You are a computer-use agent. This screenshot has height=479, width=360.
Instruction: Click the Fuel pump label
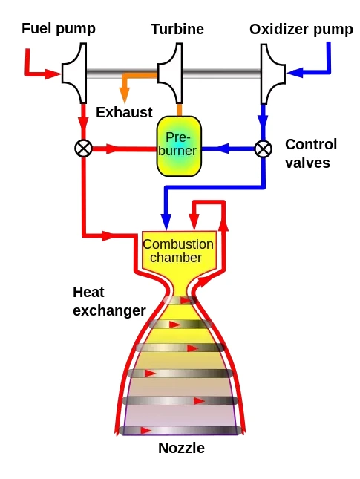coord(59,29)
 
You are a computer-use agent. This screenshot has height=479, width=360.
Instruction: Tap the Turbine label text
coord(177,29)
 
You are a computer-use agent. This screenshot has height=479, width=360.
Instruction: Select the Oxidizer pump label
coord(301,30)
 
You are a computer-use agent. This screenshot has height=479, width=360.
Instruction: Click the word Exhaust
coord(124,112)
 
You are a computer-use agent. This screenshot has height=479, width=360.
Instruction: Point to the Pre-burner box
coord(179,146)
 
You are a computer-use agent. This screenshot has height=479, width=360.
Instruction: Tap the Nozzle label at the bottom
coord(181,448)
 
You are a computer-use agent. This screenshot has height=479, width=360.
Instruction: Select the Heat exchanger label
coord(109,302)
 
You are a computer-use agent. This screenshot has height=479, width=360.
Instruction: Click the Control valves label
coord(311,153)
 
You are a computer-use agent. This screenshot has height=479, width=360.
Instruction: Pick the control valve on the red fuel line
coord(83,149)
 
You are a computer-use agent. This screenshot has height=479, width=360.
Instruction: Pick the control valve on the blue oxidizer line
coord(264,149)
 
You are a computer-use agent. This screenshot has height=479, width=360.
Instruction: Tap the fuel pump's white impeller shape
coord(74,74)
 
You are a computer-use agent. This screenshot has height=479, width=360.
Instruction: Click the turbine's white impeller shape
coord(170,74)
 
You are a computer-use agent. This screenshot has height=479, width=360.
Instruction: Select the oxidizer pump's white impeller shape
coord(272,74)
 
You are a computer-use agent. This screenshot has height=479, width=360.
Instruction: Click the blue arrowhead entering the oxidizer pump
coord(295,73)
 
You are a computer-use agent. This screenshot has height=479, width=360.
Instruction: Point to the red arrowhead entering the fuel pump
coord(53,74)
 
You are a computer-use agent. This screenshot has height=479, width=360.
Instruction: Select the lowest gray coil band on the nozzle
coord(180,431)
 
